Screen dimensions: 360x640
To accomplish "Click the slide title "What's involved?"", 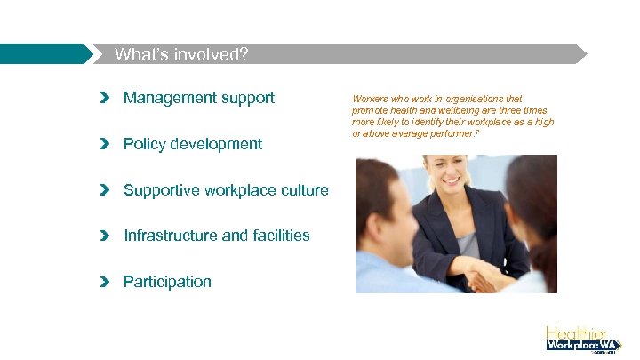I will coord(181,54).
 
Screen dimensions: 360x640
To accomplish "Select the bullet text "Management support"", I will coord(199,98).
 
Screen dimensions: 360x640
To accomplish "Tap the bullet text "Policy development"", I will coord(193,144).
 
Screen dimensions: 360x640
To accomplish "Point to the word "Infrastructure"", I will coord(165,236).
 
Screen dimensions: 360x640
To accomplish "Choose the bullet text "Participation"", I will coord(167,282).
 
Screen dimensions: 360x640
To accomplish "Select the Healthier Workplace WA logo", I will coord(582,338).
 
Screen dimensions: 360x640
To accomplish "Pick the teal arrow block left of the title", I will coord(44,54).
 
